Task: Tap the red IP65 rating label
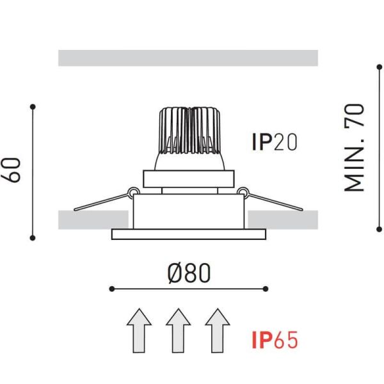pyautogui.click(x=275, y=340)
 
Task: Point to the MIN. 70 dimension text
pyautogui.click(x=355, y=148)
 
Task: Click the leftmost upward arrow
pyautogui.click(x=139, y=330)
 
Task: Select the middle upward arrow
pyautogui.click(x=179, y=330)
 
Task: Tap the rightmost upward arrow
pyautogui.click(x=218, y=330)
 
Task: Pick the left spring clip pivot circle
pyautogui.click(x=133, y=191)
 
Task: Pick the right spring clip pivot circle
pyautogui.click(x=243, y=191)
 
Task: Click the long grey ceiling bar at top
pyautogui.click(x=188, y=58)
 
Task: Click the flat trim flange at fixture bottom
pyautogui.click(x=188, y=234)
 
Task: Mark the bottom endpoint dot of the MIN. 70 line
pyautogui.click(x=378, y=227)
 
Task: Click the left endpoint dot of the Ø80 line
pyautogui.click(x=111, y=289)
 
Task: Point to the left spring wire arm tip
pyautogui.click(x=76, y=208)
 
